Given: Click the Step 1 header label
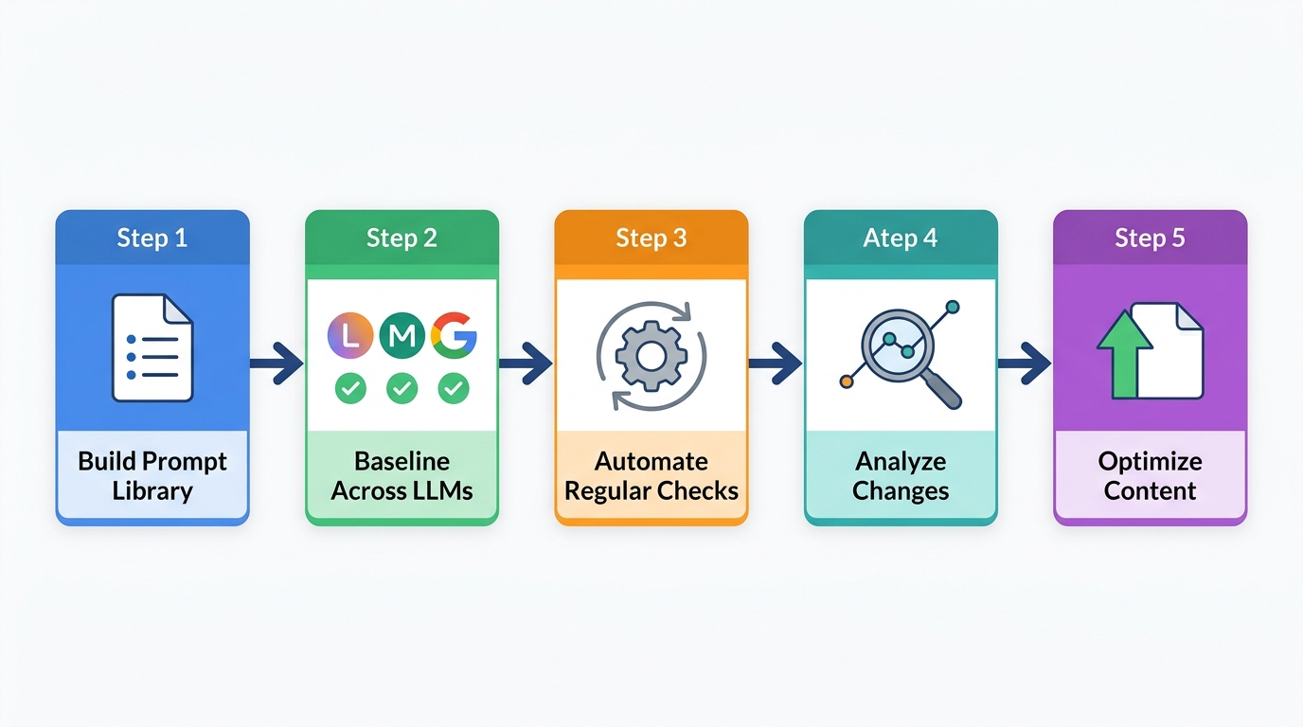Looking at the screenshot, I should pos(152,238).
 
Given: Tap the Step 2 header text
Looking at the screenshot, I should pos(402,238).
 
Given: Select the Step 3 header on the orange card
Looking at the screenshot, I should pos(651,238).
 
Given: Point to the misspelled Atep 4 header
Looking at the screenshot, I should pos(901,238).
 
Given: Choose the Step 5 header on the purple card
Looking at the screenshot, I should pos(1150,238).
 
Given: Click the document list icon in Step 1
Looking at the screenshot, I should pos(152,347).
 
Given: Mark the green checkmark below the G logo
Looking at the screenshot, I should pos(454,388).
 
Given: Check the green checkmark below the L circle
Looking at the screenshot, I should pos(350,388).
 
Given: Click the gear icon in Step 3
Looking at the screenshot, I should pos(651,356).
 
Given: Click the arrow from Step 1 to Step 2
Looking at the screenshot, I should pos(277,363).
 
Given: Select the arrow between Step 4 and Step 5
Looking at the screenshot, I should pos(1024,363).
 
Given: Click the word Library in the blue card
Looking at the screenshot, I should pos(152,491).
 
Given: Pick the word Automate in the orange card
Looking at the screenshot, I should pos(651,462).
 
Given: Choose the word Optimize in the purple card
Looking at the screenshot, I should pos(1150,462).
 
